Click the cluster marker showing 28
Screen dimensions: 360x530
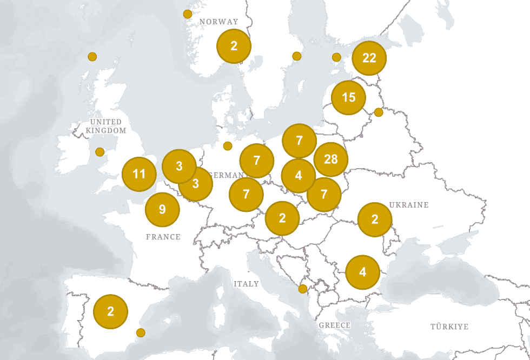click(330, 159)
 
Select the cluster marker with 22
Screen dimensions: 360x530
click(369, 58)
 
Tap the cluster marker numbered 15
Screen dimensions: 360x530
click(349, 98)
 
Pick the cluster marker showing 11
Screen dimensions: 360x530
click(139, 174)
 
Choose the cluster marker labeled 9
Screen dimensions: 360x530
click(162, 209)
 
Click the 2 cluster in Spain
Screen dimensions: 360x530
click(110, 312)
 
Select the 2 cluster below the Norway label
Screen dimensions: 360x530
click(234, 46)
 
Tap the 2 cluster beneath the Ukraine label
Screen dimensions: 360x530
click(375, 219)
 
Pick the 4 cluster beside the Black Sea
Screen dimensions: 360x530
click(362, 272)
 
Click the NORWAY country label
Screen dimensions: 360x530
click(218, 22)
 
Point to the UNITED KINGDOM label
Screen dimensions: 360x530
click(106, 126)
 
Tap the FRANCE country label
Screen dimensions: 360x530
click(163, 237)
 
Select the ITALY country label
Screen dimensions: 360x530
click(246, 284)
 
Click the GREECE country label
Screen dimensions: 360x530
click(335, 325)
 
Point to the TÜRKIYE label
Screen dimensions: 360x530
click(449, 326)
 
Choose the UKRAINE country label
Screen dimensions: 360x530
click(409, 205)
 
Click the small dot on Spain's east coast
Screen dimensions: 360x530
click(141, 332)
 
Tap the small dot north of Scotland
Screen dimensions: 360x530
click(92, 57)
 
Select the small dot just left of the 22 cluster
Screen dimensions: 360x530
click(336, 57)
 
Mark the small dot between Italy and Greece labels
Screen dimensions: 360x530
click(303, 289)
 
